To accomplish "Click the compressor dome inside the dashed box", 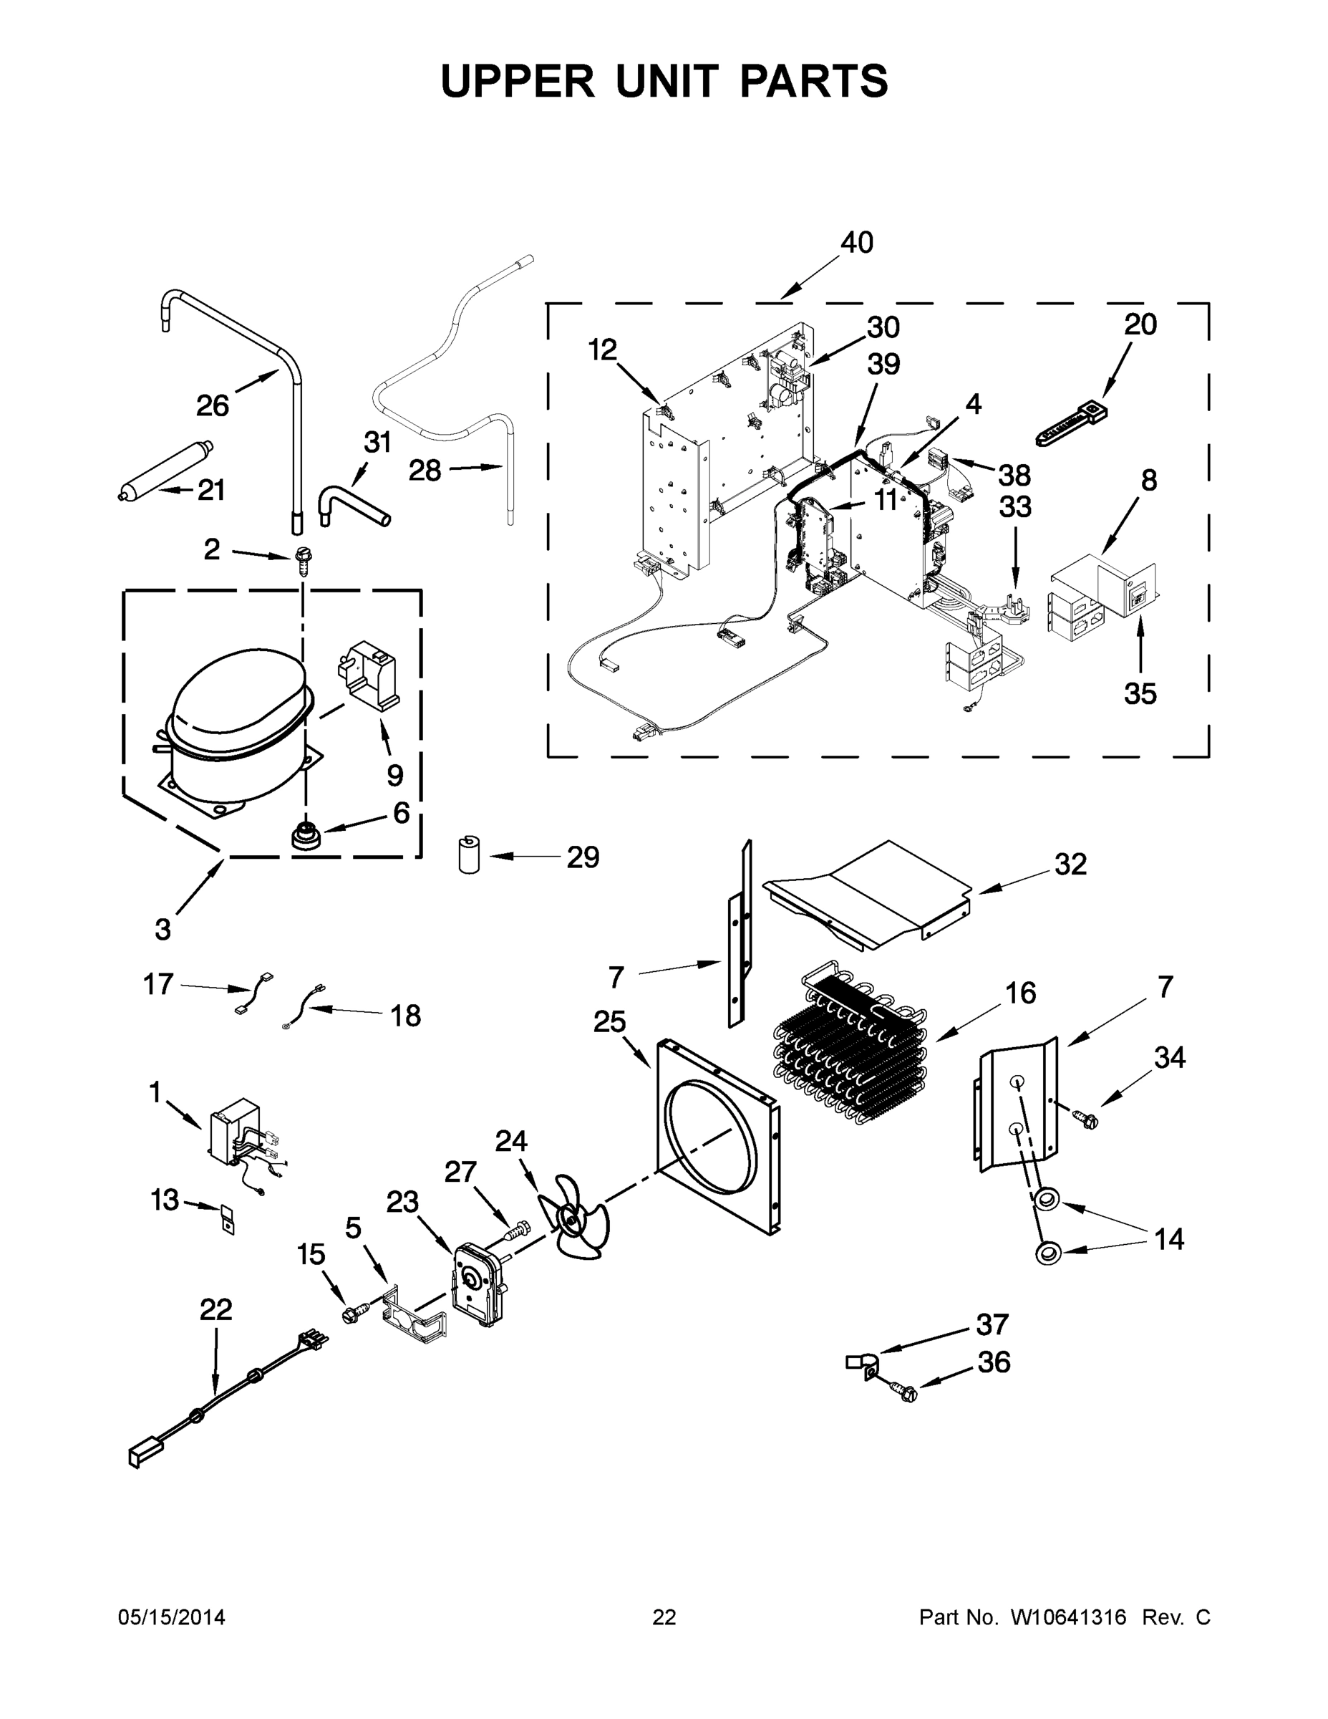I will coord(236,697).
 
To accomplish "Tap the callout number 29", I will coord(583,857).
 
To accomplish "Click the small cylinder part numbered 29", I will coord(469,856).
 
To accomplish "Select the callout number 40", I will coord(857,242).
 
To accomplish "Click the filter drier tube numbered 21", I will coord(161,476).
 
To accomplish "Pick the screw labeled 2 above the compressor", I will coord(301,560).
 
